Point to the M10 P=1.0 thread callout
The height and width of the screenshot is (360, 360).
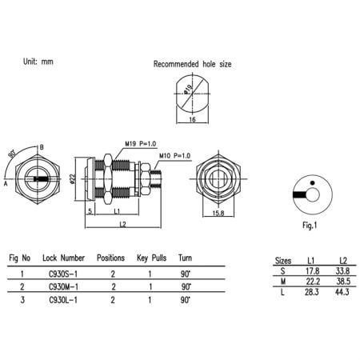pos(175,154)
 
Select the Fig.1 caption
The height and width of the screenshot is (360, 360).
pos(310,226)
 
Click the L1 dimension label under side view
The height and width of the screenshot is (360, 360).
pos(117,211)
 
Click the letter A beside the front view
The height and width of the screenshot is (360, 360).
pos(6,182)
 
